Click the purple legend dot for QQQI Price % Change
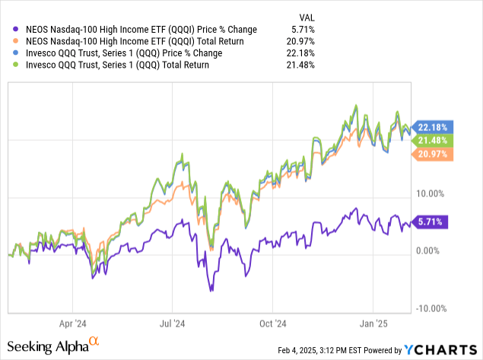pyautogui.click(x=8, y=29)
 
